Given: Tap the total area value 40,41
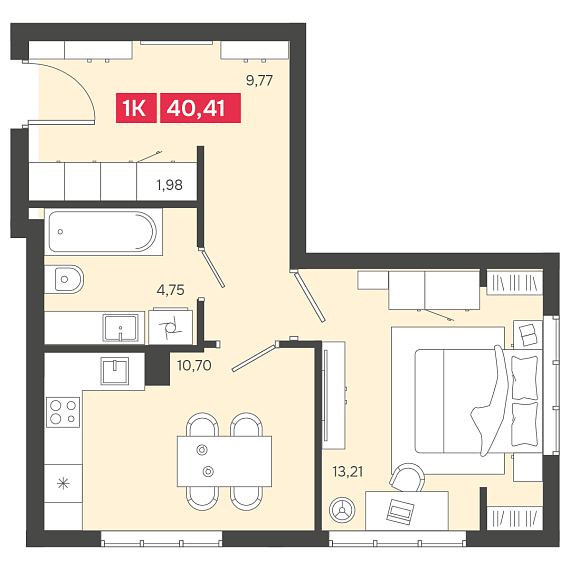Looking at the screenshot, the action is pyautogui.click(x=200, y=108).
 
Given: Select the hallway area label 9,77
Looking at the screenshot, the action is pyautogui.click(x=259, y=80).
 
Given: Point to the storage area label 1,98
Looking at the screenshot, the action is pyautogui.click(x=169, y=185).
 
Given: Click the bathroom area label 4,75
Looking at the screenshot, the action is pyautogui.click(x=170, y=290).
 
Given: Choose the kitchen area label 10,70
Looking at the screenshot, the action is pyautogui.click(x=194, y=365).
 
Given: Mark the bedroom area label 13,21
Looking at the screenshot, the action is pyautogui.click(x=348, y=471).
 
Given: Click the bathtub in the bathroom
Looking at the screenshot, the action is pyautogui.click(x=103, y=232).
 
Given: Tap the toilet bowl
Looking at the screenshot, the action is pyautogui.click(x=64, y=279).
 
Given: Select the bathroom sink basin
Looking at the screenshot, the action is pyautogui.click(x=120, y=328).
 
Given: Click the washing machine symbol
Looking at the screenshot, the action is pyautogui.click(x=170, y=327).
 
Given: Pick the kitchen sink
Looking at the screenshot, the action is pyautogui.click(x=115, y=371).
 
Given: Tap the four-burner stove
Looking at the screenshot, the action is pyautogui.click(x=63, y=412).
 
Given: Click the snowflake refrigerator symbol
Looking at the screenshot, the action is pyautogui.click(x=63, y=483).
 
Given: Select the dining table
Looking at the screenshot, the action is pyautogui.click(x=224, y=461).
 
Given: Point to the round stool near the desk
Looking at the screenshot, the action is pyautogui.click(x=342, y=510).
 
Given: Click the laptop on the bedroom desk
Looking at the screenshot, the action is pyautogui.click(x=400, y=511).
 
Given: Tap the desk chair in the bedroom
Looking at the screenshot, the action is pyautogui.click(x=407, y=477).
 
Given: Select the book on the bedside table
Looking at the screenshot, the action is pyautogui.click(x=527, y=334).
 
